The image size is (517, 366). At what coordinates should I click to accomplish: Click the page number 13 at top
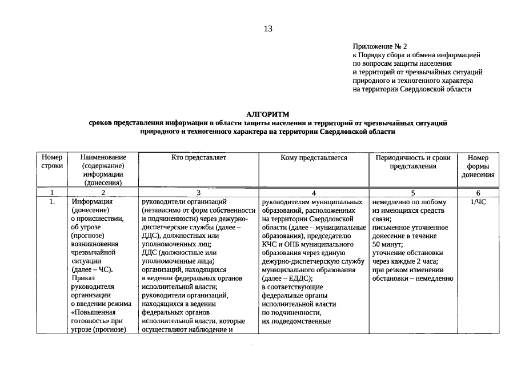[x=268, y=30]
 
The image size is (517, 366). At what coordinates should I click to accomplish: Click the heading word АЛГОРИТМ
[x=268, y=114]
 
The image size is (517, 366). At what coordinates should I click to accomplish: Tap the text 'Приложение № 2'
[x=380, y=46]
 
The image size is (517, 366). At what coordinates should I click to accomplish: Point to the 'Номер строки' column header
[x=52, y=162]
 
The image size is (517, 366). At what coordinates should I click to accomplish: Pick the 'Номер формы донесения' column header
[x=478, y=166]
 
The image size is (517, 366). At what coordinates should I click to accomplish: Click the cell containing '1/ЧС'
[x=478, y=202]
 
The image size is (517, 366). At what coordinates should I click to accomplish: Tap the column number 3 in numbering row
[x=198, y=193]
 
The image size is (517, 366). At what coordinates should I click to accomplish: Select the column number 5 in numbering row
[x=412, y=193]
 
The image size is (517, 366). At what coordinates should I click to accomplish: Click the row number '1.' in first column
[x=52, y=202]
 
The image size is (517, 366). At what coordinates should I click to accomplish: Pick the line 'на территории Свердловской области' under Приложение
[x=412, y=89]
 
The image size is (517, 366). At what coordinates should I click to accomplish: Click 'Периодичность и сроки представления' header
[x=412, y=162]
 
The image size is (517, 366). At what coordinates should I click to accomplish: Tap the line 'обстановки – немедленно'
[x=412, y=279]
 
